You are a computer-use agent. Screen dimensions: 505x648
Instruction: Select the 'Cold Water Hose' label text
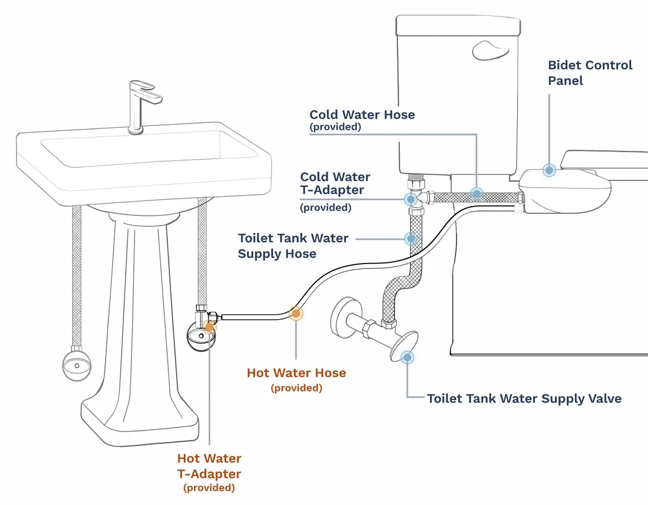pos(362,115)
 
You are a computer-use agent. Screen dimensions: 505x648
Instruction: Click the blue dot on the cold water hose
pos(476,194)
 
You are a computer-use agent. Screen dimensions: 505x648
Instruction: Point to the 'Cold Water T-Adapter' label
pos(335,184)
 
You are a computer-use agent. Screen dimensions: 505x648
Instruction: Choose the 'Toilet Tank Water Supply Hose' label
pos(293,246)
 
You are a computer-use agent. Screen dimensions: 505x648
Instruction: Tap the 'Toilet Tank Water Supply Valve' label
pos(524,399)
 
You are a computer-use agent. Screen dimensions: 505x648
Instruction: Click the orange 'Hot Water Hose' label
pos(296,373)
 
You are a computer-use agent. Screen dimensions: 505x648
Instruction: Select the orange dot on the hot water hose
pos(296,314)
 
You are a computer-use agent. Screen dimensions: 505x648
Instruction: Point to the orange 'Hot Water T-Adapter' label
pos(209,466)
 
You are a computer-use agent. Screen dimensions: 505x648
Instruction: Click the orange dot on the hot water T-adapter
pos(210,325)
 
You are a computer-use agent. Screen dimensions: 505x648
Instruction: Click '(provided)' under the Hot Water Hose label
pos(296,388)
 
